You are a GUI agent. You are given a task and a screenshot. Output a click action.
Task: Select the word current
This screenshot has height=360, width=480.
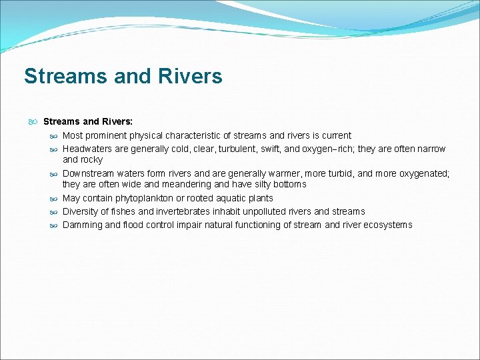(x=335, y=135)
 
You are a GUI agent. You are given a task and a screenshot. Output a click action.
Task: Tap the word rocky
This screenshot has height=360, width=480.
(x=93, y=160)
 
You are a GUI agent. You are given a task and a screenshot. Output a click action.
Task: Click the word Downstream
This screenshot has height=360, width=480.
(x=89, y=173)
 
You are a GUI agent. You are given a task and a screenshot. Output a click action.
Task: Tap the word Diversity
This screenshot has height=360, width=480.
(x=81, y=211)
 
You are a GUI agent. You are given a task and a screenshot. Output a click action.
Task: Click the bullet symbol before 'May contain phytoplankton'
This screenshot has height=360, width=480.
(x=53, y=198)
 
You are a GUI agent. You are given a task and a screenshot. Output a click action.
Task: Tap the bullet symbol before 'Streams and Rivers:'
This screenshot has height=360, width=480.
(x=33, y=121)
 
